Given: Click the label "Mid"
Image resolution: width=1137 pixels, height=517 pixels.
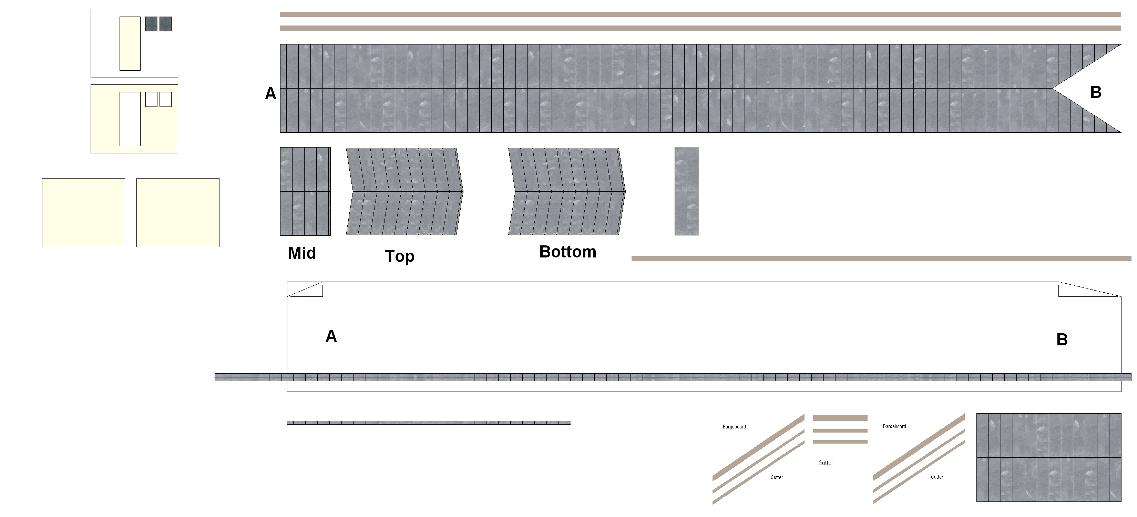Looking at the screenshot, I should (302, 253).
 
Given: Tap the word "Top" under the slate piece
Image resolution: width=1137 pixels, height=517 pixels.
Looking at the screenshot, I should (399, 256).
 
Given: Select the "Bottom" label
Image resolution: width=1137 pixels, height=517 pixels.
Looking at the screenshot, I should (567, 252).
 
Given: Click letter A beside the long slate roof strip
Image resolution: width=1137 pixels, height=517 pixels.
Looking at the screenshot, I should (270, 94).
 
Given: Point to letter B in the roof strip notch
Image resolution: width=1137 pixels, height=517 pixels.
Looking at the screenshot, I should (1096, 92).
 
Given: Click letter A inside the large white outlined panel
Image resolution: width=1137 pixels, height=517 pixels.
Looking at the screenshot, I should (331, 336).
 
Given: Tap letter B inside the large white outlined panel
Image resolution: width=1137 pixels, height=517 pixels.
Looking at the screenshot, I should (1062, 339).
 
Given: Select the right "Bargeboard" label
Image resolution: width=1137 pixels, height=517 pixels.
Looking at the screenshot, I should (894, 426).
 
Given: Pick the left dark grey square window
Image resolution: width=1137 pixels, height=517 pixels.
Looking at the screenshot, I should (151, 24).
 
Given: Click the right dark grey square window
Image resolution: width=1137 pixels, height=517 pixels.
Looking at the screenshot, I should (165, 24).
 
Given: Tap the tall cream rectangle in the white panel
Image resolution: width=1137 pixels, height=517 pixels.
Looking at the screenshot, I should (130, 44).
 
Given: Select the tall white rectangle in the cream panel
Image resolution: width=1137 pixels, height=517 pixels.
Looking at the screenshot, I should (130, 119).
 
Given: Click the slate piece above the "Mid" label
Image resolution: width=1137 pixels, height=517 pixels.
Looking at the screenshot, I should (305, 191).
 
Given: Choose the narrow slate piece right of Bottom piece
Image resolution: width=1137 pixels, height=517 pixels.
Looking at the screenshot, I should (686, 191).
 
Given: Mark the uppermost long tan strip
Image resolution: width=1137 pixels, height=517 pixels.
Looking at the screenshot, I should (700, 14).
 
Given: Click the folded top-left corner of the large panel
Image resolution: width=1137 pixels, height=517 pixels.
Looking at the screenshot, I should (309, 289).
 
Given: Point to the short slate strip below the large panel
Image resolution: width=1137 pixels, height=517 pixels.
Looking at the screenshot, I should (428, 423).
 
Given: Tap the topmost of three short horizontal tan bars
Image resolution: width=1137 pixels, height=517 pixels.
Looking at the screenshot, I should (840, 418).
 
